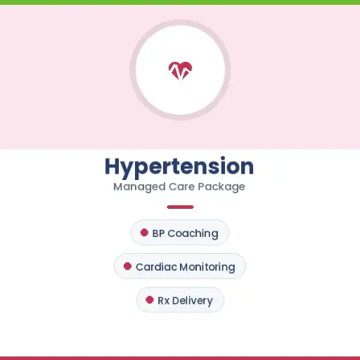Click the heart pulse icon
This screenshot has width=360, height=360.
180,70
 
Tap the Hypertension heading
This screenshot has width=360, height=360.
179,167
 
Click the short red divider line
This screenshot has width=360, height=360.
180,207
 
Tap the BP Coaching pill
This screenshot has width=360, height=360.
180,233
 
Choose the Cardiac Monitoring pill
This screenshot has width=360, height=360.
180,266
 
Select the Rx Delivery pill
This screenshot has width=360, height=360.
180,300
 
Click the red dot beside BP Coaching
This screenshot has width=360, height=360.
144,232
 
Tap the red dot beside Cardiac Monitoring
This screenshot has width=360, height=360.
127,266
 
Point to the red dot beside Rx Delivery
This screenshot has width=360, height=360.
149,300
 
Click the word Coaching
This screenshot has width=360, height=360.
193,233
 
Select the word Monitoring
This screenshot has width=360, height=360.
207,267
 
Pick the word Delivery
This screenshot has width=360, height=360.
192,301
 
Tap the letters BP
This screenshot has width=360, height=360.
158,233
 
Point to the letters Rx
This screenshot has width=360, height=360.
163,301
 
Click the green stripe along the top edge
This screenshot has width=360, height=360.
180,2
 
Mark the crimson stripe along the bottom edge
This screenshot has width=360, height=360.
180,358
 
